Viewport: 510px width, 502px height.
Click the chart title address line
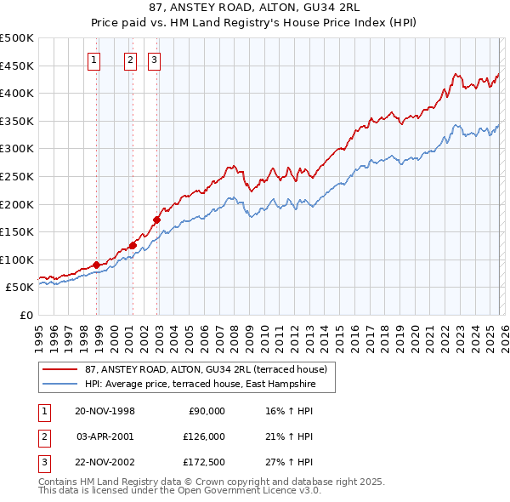pos(255,9)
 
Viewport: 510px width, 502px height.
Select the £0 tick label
pos(26,316)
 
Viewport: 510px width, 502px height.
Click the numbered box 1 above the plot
pos(93,60)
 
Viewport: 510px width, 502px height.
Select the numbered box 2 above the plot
pos(130,60)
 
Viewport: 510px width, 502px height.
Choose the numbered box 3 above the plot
pos(154,60)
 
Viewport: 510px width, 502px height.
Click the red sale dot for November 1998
pos(97,265)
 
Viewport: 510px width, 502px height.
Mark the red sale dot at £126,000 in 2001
pos(133,245)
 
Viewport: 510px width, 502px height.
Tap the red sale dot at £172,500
pos(157,220)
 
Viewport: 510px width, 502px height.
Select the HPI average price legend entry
pos(200,385)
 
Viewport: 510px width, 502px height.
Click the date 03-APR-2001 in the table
pos(105,436)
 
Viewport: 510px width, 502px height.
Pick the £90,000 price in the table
pos(205,411)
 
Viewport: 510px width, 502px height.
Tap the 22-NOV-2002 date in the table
pos(105,462)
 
